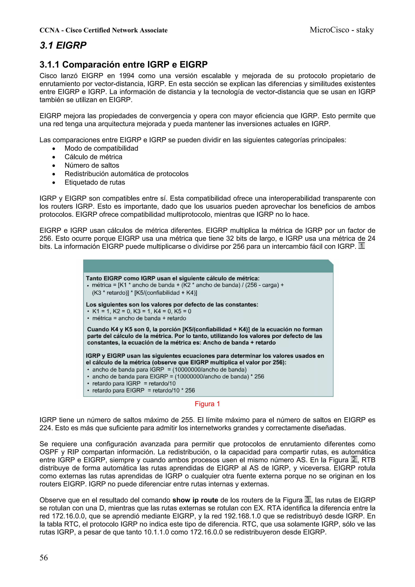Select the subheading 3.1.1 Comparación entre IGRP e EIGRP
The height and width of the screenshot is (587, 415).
[x=123, y=64]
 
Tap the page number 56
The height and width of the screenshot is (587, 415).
[x=44, y=557]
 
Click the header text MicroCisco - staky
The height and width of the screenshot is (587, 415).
[x=342, y=30]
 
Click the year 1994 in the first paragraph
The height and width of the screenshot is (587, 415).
[x=127, y=76]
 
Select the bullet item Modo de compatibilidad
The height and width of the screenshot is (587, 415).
[x=101, y=148]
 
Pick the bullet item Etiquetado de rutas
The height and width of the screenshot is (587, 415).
[x=95, y=182]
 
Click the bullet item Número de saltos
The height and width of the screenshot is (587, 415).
[x=92, y=165]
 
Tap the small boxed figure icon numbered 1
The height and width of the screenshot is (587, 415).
[x=361, y=246]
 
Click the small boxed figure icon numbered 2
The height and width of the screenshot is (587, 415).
[x=354, y=459]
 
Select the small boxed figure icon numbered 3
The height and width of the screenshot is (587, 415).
[x=308, y=499]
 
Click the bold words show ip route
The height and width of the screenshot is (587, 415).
[x=195, y=500]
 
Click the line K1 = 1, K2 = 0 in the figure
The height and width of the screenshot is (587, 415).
[x=142, y=311]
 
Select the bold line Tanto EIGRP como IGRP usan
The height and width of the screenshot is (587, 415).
[x=173, y=278]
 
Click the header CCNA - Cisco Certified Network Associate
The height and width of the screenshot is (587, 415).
[x=103, y=30]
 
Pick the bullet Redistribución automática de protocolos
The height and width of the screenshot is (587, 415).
[x=126, y=174]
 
